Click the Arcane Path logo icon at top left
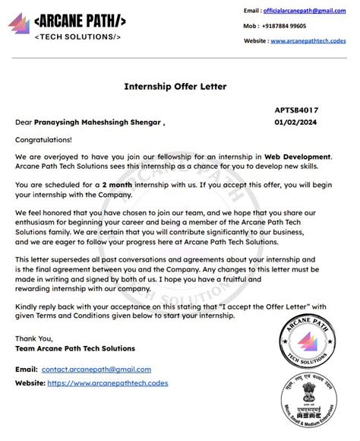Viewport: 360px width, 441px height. [18, 24]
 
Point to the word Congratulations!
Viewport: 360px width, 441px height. [43, 140]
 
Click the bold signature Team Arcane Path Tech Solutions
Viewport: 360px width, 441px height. [74, 349]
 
